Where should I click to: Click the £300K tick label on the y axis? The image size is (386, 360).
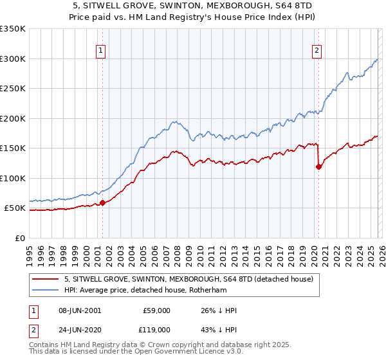click(x=13, y=59)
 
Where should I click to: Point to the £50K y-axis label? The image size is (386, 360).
click(x=15, y=208)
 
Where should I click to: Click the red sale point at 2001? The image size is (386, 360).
click(x=102, y=203)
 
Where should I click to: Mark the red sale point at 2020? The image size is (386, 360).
click(x=318, y=167)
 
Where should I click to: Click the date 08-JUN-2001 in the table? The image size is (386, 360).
click(x=81, y=310)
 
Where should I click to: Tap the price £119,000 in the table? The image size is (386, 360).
click(x=157, y=328)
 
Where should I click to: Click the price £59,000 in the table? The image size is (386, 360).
click(x=157, y=310)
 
